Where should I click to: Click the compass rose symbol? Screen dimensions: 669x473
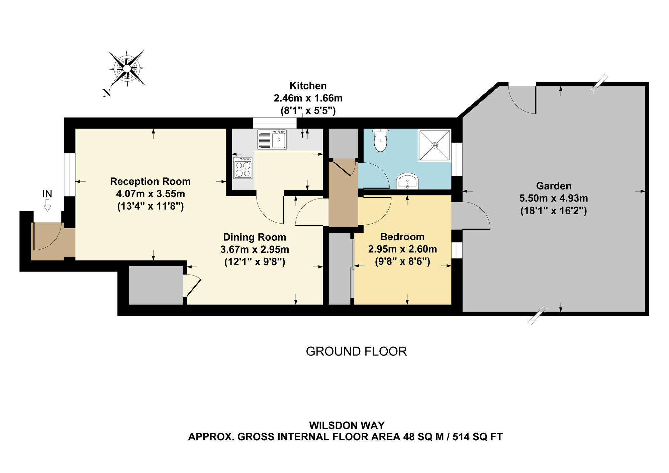click(127, 68)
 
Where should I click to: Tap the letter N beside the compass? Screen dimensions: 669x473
click(107, 93)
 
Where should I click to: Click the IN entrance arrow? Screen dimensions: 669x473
click(47, 206)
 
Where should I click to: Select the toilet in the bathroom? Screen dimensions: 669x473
click(380, 140)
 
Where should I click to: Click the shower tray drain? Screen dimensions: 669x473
click(435, 145)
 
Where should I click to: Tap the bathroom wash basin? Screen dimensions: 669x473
click(407, 181)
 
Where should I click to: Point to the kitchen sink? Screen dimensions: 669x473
click(272, 140)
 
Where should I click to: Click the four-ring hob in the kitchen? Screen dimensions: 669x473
click(243, 168)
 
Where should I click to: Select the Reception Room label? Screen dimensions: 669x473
click(150, 181)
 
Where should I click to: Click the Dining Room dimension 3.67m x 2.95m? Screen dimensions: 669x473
click(255, 249)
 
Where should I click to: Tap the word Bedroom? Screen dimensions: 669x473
click(402, 237)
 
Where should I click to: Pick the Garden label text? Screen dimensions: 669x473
click(554, 186)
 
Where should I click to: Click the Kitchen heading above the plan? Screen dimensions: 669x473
click(308, 86)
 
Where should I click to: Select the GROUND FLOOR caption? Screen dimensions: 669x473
click(356, 351)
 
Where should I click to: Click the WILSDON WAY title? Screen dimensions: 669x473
click(347, 425)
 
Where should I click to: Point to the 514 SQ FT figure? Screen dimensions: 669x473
click(478, 437)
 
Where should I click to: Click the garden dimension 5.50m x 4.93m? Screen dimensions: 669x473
click(554, 198)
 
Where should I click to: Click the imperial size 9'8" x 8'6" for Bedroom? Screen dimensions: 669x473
click(402, 261)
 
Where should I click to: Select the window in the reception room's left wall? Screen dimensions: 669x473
click(70, 175)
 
